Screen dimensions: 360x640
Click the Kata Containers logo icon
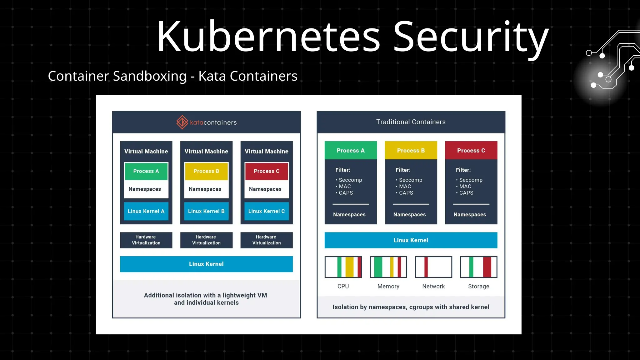coord(182,122)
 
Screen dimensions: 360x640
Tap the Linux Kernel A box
coord(146,211)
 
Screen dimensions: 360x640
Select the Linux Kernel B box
coord(206,211)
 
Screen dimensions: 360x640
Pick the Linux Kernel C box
coord(267,211)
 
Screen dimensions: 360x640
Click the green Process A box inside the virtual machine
coord(146,171)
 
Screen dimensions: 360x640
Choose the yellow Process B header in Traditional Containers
coord(411,150)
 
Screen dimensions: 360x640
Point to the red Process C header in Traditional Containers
coord(471,150)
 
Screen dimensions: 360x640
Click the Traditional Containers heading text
coord(411,122)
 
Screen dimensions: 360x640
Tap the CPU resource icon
coord(343,267)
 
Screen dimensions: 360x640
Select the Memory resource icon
coord(388,267)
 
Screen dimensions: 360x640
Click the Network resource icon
coord(433,267)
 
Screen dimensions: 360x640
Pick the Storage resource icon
coord(478,267)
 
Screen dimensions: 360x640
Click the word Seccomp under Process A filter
coord(350,180)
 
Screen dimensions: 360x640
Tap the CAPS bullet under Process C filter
coord(466,193)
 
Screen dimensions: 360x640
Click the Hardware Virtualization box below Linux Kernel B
coord(206,240)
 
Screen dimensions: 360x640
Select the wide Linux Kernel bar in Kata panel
coord(206,264)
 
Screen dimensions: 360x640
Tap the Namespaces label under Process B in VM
coord(205,189)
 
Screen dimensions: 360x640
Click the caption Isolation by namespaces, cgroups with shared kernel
coord(411,307)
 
